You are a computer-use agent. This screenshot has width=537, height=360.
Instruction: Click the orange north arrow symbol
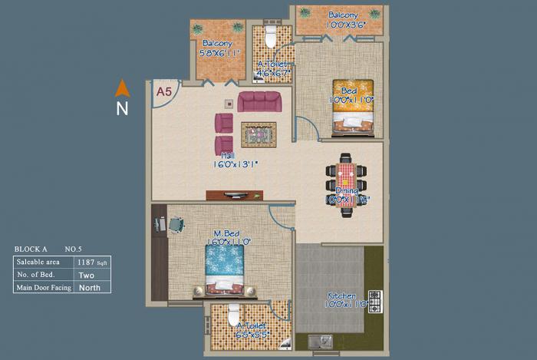coord(123,88)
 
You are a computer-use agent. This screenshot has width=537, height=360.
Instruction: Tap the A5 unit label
coord(163,91)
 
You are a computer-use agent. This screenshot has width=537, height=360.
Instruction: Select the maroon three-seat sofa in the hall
coord(259,101)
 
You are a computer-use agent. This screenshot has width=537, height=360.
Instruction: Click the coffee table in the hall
coord(259,134)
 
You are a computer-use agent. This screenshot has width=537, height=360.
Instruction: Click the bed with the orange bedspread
coord(353,107)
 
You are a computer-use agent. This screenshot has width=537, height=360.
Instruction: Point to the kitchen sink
coord(321,340)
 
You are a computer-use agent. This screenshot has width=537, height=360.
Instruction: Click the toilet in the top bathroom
coord(269,36)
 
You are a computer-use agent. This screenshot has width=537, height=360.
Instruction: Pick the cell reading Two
coord(86,275)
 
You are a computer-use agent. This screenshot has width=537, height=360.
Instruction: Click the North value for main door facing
coord(91,287)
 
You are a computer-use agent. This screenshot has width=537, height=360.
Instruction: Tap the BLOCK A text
coord(31,249)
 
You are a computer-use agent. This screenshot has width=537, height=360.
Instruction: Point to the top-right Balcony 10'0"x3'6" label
coord(342,19)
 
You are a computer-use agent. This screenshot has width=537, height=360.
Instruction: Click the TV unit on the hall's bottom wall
coord(233,195)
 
